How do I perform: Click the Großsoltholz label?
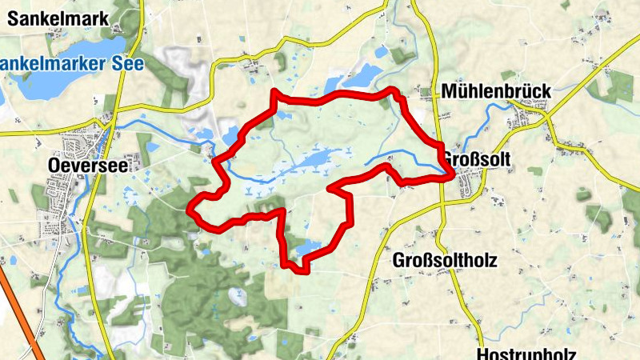[445, 261]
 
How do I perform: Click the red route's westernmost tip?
[190, 210]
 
